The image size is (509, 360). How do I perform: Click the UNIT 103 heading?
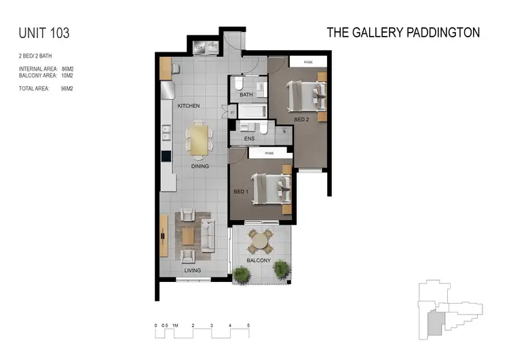pyautogui.click(x=44, y=33)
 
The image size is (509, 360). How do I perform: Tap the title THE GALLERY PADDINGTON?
pyautogui.click(x=403, y=32)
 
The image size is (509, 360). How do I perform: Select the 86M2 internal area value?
pyautogui.click(x=67, y=69)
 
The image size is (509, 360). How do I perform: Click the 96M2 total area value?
pyautogui.click(x=67, y=88)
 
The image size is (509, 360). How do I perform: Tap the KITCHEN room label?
pyautogui.click(x=189, y=107)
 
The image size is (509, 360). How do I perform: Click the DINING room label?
pyautogui.click(x=199, y=166)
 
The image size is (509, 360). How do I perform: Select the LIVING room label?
pyautogui.click(x=193, y=270)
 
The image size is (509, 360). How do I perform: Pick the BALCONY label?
pyautogui.click(x=259, y=261)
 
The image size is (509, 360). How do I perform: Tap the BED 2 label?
pyautogui.click(x=303, y=119)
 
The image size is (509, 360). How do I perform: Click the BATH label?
pyautogui.click(x=246, y=95)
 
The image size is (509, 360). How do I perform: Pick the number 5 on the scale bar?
pyautogui.click(x=248, y=326)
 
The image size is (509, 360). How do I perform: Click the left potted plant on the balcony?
pyautogui.click(x=241, y=273)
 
